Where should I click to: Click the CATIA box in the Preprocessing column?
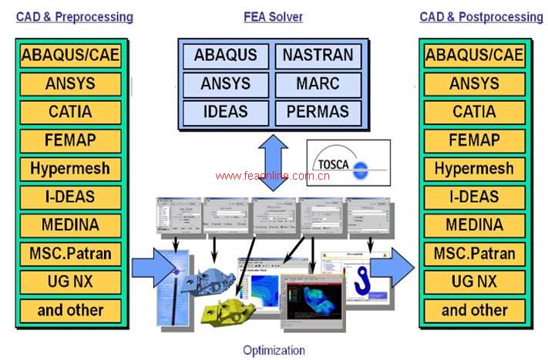[x=70, y=112]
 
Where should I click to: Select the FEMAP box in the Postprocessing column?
[x=474, y=140]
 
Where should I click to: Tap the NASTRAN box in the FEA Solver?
[x=318, y=55]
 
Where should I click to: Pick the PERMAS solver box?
[x=318, y=111]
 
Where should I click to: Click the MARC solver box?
[x=318, y=82]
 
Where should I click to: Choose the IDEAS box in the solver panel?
[x=225, y=111]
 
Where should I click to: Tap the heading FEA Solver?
[x=273, y=16]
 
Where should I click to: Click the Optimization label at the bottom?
[x=274, y=350]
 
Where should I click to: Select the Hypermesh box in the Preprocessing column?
[x=70, y=168]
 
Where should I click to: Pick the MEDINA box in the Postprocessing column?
[x=474, y=225]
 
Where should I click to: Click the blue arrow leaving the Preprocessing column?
[x=153, y=267]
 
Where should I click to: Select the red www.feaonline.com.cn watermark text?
[x=273, y=176]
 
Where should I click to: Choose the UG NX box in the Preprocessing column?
[x=70, y=281]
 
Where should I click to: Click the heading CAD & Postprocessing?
[x=481, y=16]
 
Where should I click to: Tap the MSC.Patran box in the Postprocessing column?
[x=474, y=253]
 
